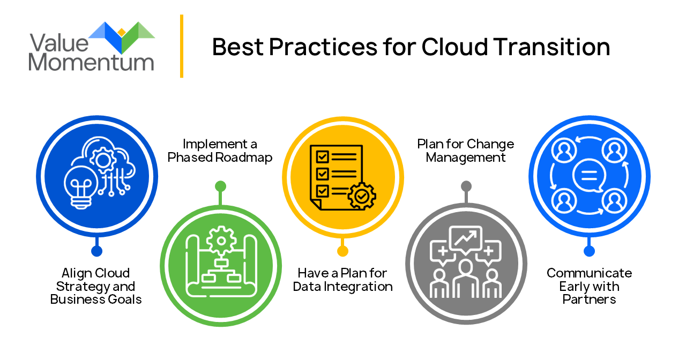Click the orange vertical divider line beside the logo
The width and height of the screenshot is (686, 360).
(x=182, y=46)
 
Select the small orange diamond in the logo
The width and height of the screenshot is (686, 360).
(x=122, y=32)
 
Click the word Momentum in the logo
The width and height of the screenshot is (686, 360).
(x=91, y=62)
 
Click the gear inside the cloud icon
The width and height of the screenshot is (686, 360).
(x=103, y=160)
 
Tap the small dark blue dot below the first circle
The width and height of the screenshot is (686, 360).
(x=97, y=251)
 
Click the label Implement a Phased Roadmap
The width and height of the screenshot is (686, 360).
(x=220, y=151)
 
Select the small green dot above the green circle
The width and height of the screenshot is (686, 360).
(x=220, y=186)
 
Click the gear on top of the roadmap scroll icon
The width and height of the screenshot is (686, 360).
(x=221, y=241)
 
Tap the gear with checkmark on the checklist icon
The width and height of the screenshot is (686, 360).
(x=362, y=196)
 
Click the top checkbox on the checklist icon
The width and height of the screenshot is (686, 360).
(x=322, y=157)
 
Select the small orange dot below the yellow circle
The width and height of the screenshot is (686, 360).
(x=342, y=251)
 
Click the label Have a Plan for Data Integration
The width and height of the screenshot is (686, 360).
(x=342, y=280)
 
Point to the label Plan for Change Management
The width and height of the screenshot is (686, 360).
(x=466, y=151)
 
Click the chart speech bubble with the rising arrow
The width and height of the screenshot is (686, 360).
(x=466, y=239)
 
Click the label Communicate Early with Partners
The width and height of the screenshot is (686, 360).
(x=589, y=286)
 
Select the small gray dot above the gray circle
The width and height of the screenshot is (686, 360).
(x=466, y=186)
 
